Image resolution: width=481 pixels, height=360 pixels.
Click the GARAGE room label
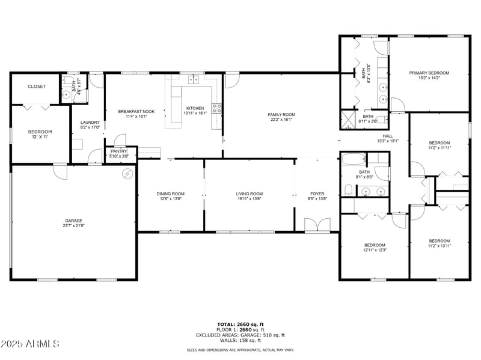pyautogui.click(x=74, y=221)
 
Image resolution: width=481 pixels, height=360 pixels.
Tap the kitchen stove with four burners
pyautogui.click(x=216, y=109)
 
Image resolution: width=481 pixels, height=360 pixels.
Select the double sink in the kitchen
pyautogui.click(x=194, y=79)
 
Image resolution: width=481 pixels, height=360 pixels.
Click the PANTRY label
pyautogui.click(x=118, y=151)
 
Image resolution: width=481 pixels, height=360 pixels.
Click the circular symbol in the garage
pyautogui.click(x=127, y=174)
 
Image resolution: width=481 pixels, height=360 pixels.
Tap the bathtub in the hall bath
pyautogui.click(x=353, y=160)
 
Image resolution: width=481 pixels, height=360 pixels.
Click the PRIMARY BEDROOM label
pyautogui.click(x=429, y=73)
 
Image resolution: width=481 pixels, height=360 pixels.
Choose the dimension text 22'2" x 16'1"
pyautogui.click(x=281, y=119)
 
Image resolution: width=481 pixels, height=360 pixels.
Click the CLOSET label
pyautogui.click(x=37, y=87)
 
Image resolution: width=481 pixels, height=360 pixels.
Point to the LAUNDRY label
pyautogui.click(x=90, y=122)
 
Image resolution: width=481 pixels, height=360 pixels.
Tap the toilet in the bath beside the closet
pyautogui.click(x=66, y=94)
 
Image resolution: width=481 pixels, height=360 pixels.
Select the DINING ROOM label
pyautogui.click(x=170, y=194)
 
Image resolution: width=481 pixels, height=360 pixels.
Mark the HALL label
pyautogui.click(x=388, y=136)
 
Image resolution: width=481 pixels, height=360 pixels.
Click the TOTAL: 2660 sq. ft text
pyautogui.click(x=240, y=325)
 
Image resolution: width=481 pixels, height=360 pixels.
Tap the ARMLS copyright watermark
pyautogui.click(x=30, y=344)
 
